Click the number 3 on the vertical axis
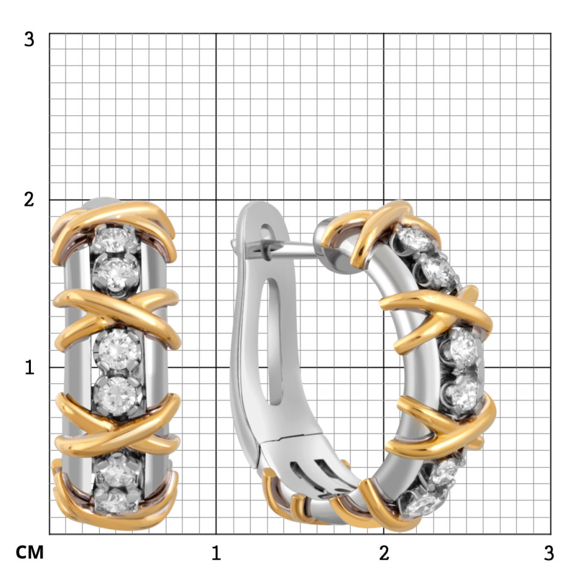(29, 39)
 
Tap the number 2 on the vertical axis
(29, 199)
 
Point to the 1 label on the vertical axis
(29, 367)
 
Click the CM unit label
(30, 552)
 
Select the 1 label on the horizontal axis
(216, 553)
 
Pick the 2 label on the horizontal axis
(384, 553)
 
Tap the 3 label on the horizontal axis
(549, 553)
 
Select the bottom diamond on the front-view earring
(116, 501)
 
